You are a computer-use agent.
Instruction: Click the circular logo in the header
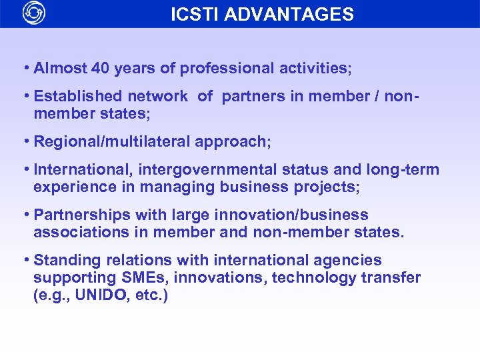coord(34,13)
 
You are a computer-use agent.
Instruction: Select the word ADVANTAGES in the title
coord(289,14)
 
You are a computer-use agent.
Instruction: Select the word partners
coord(253,96)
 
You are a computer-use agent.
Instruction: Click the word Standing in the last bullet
coord(63,260)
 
